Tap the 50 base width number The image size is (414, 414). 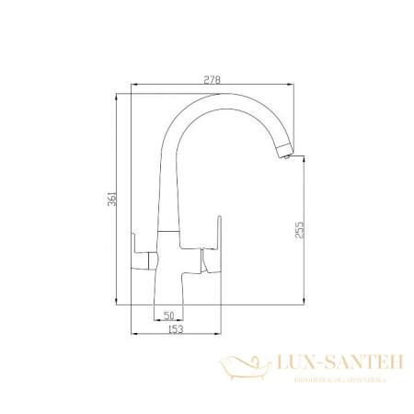click(x=168, y=316)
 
